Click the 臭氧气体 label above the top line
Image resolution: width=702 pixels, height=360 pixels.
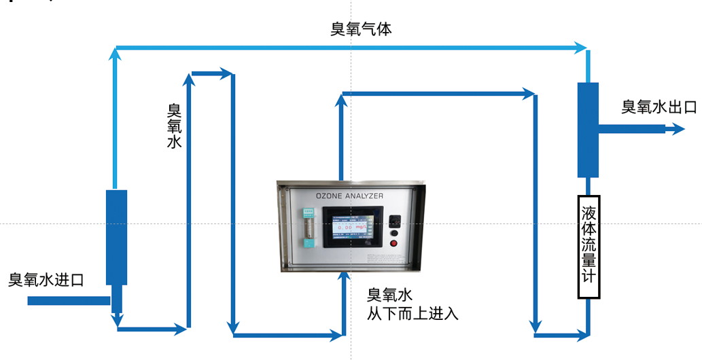(x=361, y=29)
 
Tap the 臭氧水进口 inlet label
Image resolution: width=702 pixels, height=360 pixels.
(x=46, y=279)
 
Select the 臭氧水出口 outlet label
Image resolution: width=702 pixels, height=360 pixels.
(x=659, y=107)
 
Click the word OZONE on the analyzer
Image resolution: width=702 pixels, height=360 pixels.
(x=332, y=196)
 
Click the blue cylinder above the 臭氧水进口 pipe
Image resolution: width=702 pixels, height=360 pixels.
(x=116, y=237)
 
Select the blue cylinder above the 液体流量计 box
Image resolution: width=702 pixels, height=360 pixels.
(x=588, y=130)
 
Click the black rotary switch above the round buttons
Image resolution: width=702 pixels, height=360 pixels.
(x=394, y=220)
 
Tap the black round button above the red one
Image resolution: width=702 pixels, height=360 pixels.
(x=393, y=234)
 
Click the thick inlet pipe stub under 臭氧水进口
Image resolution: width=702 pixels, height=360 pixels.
(x=69, y=300)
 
